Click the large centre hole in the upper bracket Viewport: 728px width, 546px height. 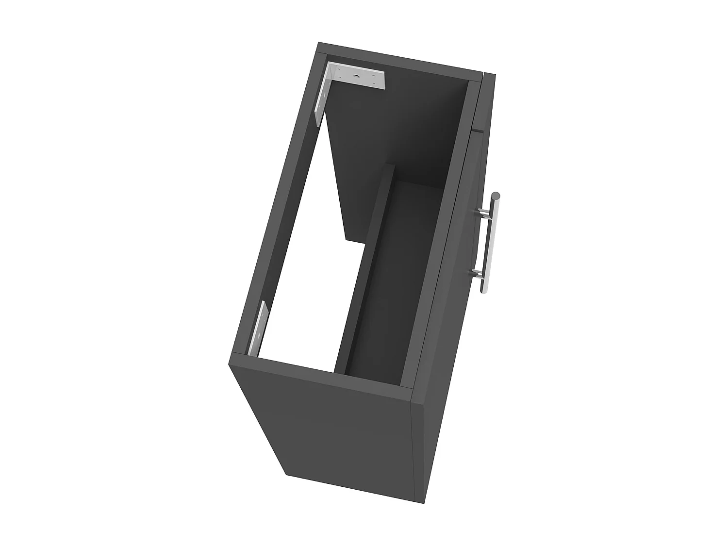tap(357, 77)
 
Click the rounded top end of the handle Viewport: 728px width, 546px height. tap(496, 196)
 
